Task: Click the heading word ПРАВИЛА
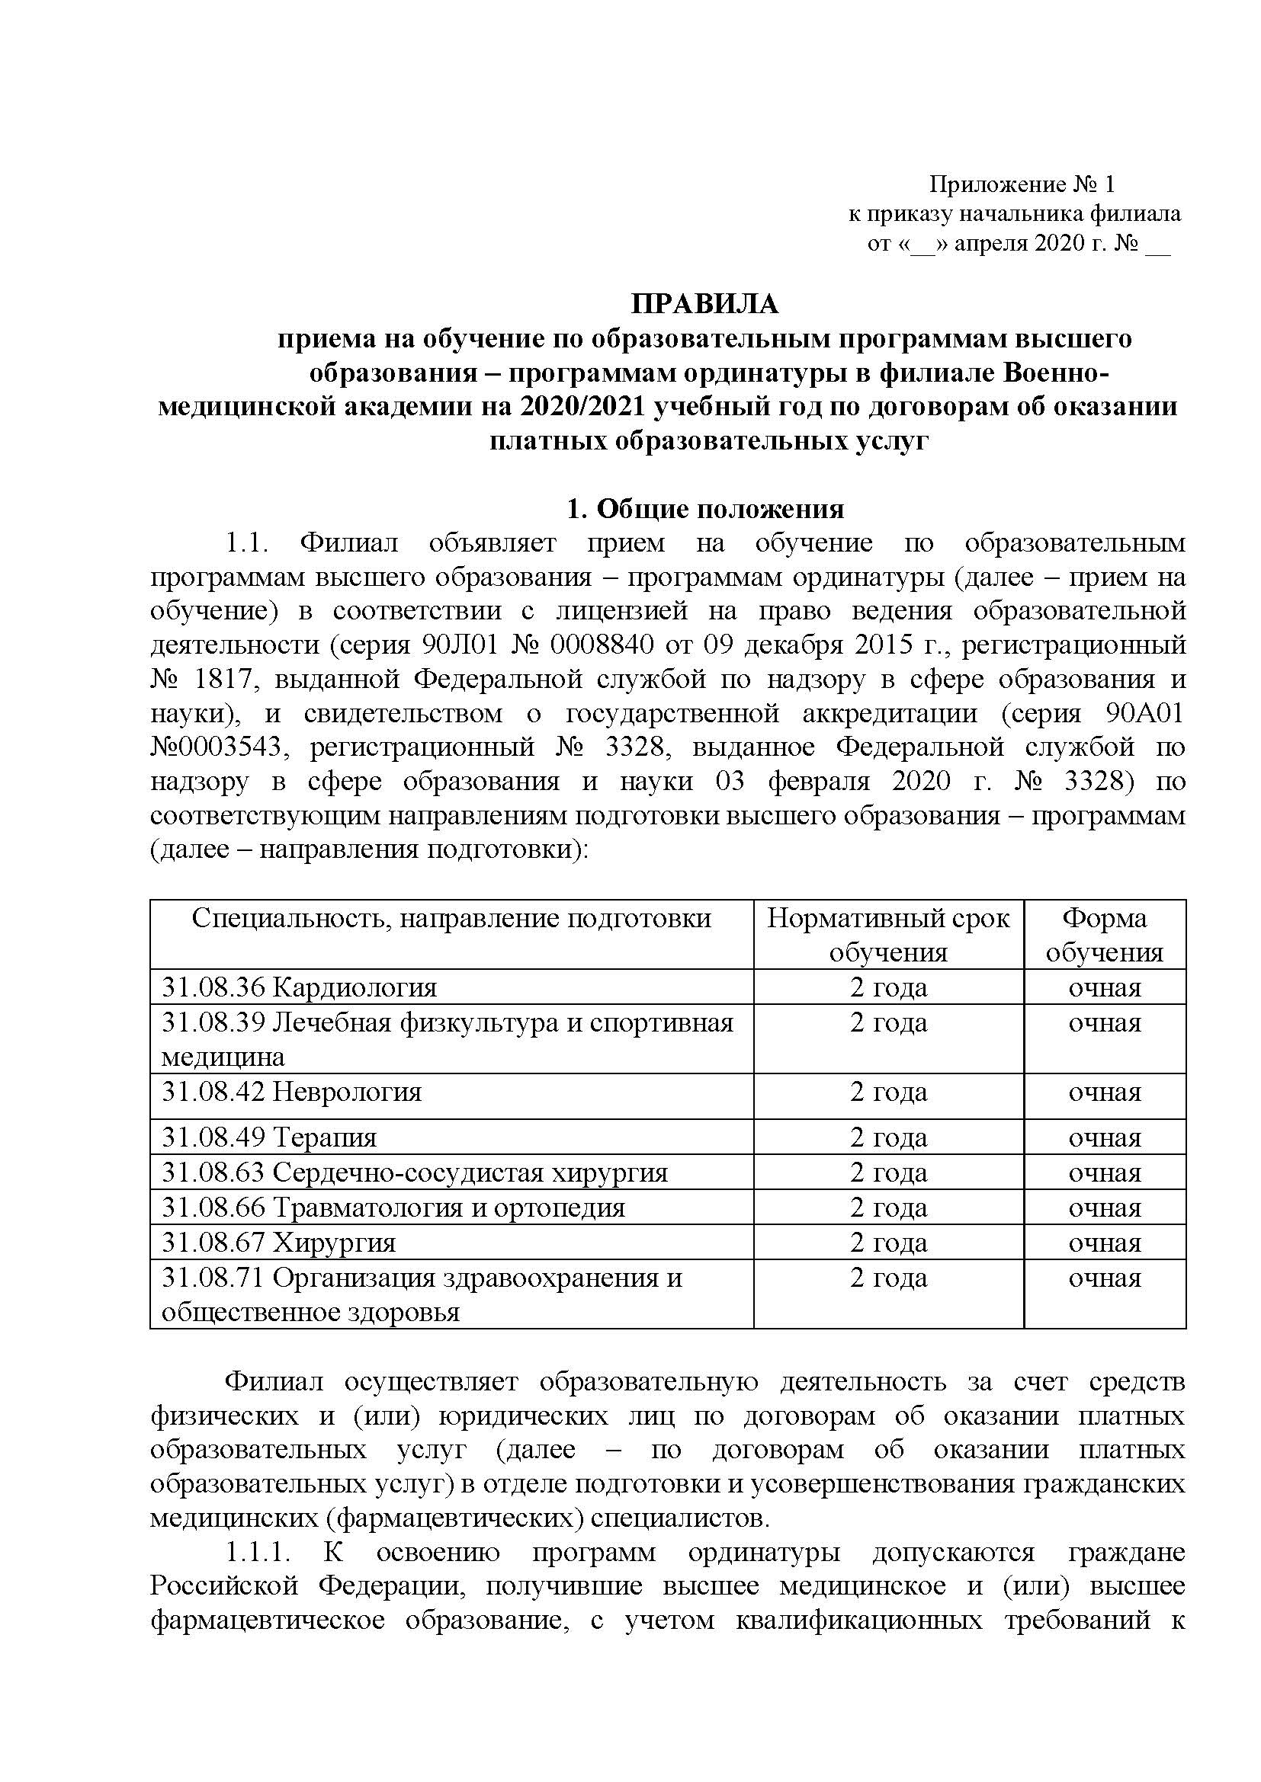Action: [704, 304]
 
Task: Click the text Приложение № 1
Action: [1022, 184]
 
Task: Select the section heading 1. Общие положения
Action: [705, 509]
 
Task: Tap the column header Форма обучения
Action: [1104, 935]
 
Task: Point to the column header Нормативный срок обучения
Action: [888, 935]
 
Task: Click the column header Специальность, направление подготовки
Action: [451, 919]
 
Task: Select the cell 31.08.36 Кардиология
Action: [300, 987]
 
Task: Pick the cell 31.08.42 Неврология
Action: [292, 1092]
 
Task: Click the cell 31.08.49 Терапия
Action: [269, 1137]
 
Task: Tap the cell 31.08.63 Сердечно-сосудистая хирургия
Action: [415, 1173]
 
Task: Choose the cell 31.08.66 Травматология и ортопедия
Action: [393, 1208]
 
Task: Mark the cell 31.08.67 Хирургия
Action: [279, 1243]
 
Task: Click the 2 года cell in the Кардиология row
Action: [888, 987]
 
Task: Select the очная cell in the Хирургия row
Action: [1104, 1243]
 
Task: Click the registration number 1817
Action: [213, 679]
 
